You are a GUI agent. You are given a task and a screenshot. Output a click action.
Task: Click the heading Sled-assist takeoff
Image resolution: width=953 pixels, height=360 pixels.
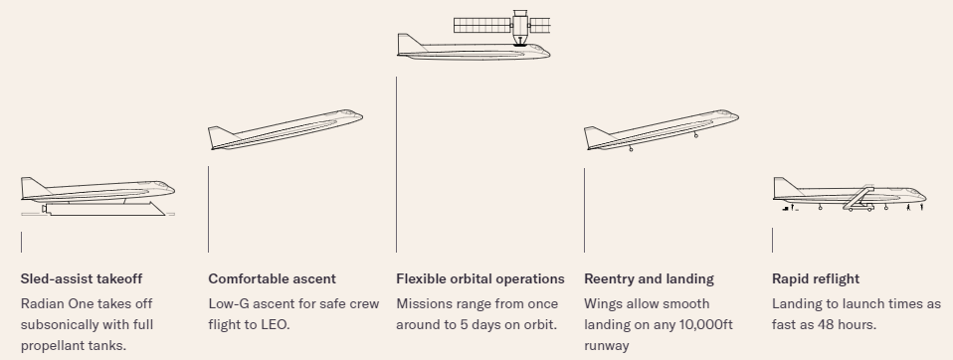pyautogui.click(x=82, y=278)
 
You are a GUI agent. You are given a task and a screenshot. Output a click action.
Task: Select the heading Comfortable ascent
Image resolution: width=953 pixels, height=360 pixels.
pyautogui.click(x=272, y=278)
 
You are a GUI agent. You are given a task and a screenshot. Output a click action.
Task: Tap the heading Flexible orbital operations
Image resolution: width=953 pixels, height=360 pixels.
pyautogui.click(x=480, y=278)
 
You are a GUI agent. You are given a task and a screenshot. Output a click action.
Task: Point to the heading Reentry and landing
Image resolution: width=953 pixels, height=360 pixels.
pyautogui.click(x=649, y=278)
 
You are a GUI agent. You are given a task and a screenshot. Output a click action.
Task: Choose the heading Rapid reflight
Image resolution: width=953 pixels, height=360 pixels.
pyautogui.click(x=816, y=278)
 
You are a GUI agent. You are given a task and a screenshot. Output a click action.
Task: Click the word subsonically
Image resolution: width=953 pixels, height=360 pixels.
pyautogui.click(x=55, y=325)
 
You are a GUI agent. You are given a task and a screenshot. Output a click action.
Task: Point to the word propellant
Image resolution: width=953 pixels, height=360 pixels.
pyautogui.click(x=48, y=346)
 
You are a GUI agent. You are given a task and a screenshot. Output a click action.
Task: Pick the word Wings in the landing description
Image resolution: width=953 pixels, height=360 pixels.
pyautogui.click(x=601, y=303)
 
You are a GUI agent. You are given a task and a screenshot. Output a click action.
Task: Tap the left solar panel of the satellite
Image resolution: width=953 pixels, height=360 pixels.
pyautogui.click(x=482, y=26)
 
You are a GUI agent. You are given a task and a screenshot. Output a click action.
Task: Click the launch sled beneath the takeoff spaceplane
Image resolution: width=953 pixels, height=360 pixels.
pyautogui.click(x=104, y=209)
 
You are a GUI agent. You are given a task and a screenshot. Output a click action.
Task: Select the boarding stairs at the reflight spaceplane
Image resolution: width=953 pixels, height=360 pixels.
pyautogui.click(x=858, y=198)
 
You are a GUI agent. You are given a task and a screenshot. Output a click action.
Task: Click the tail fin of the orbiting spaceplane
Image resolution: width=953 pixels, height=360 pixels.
pyautogui.click(x=410, y=45)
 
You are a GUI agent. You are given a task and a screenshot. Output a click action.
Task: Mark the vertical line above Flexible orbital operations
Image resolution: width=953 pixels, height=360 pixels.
pyautogui.click(x=396, y=164)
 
